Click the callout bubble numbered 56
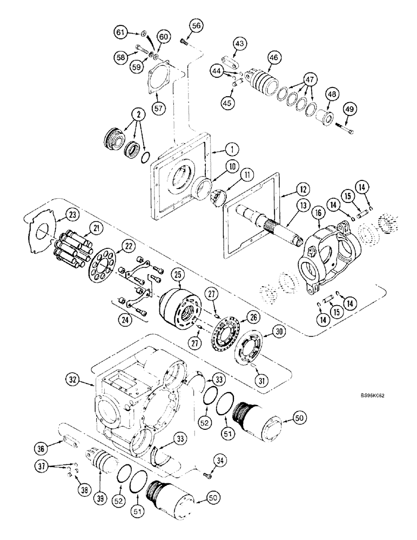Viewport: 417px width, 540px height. tap(196, 25)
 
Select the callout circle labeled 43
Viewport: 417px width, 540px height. tap(239, 43)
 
